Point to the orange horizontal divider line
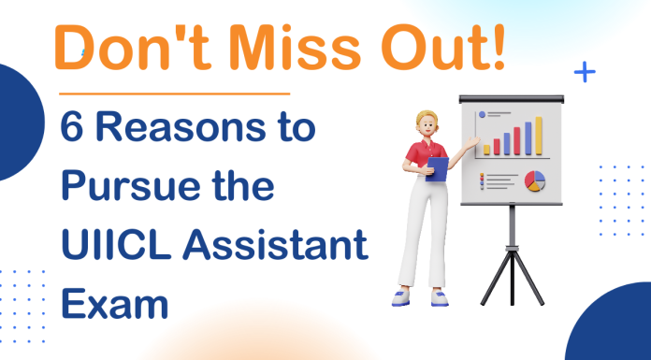174,94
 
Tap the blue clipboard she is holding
438,169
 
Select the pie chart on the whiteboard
535,180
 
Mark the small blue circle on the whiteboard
483,116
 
